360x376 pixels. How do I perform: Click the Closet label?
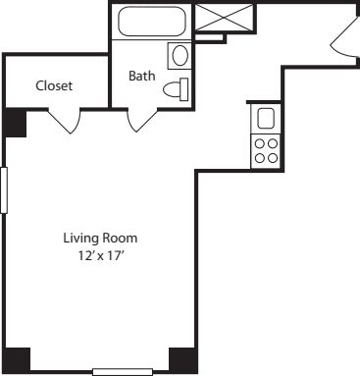click(x=54, y=85)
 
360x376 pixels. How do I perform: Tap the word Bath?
click(x=142, y=75)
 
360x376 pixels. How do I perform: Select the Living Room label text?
click(x=100, y=238)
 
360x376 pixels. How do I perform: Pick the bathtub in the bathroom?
click(x=152, y=22)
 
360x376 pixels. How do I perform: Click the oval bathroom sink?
click(x=179, y=55)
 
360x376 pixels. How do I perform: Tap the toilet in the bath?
click(x=176, y=90)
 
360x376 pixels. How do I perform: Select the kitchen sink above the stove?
click(x=265, y=119)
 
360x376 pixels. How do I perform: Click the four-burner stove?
click(x=265, y=150)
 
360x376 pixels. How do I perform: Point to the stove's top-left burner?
click(x=260, y=143)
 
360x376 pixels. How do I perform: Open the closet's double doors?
click(x=65, y=122)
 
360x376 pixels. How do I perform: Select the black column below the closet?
click(x=16, y=123)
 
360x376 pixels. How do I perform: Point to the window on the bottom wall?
click(x=123, y=372)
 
